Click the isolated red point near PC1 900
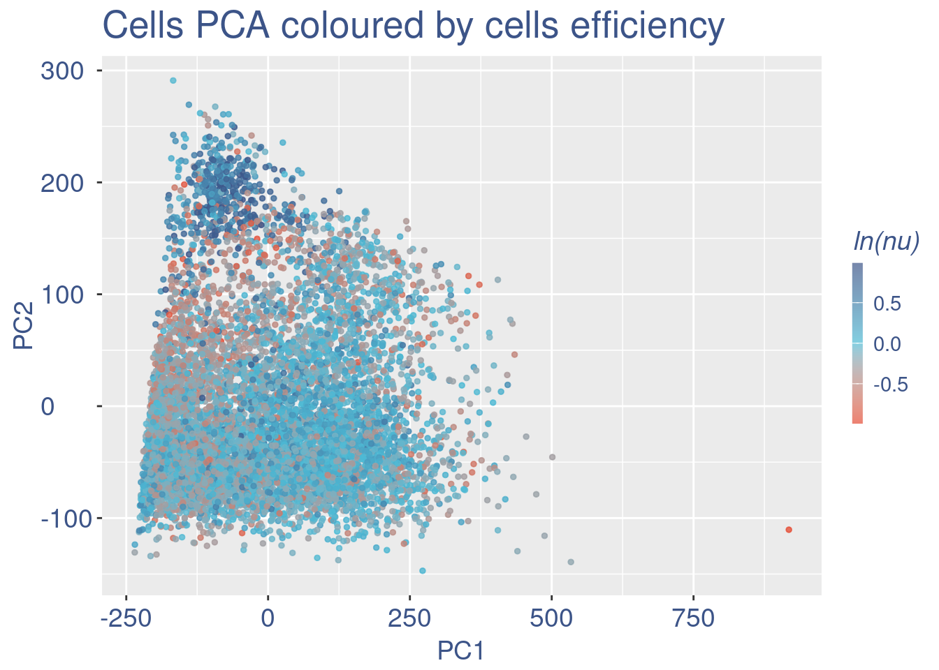789,530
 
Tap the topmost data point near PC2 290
173,80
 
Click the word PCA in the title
234,27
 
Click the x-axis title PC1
461,650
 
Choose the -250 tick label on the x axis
126,618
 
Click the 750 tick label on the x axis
693,618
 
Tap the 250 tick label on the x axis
409,618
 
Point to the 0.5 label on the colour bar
887,303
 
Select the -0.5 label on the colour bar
890,385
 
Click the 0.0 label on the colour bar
887,343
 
